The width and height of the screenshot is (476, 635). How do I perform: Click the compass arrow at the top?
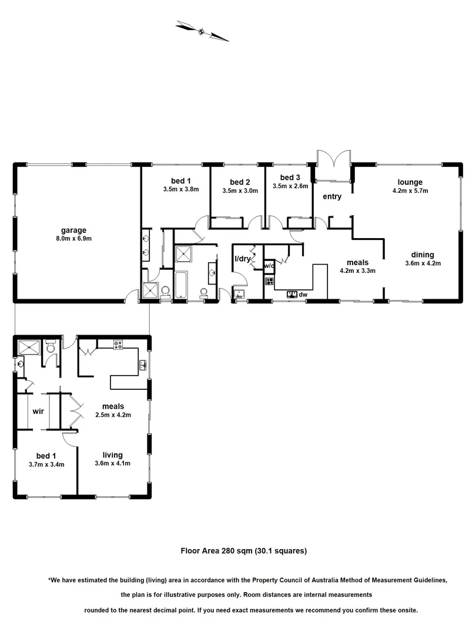203,31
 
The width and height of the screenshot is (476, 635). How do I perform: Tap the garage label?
74,230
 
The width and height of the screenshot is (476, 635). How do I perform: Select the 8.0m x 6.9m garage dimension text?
74,239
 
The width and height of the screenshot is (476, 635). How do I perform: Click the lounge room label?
410,182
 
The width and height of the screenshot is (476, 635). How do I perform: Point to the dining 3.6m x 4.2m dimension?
423,263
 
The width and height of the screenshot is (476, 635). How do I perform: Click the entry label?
332,196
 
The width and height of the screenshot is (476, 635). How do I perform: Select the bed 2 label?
240,182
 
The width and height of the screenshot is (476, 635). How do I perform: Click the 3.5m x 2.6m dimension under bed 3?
290,186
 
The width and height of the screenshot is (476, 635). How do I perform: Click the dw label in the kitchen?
303,294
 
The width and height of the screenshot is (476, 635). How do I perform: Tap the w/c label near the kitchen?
269,266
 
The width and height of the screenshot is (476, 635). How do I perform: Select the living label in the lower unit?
112,454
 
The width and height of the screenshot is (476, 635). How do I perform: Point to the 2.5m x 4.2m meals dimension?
112,415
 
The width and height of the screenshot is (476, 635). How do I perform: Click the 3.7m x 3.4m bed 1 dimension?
46,464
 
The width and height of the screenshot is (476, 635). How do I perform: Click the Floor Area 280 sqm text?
243,551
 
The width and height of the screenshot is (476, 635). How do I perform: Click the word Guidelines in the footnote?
400,580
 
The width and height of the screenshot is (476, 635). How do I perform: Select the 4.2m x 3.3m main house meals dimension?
357,271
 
